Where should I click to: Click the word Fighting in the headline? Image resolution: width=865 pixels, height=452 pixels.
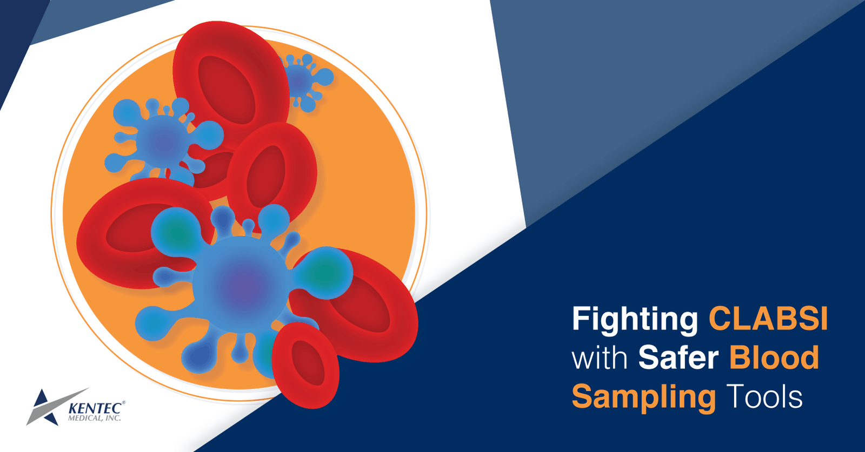pos(635,319)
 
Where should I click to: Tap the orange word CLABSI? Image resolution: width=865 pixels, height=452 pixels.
pos(768,319)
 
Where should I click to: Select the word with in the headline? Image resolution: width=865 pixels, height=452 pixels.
pos(600,359)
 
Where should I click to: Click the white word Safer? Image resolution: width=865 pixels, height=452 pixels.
pos(678,358)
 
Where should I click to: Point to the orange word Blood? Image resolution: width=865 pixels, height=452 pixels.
pos(774,358)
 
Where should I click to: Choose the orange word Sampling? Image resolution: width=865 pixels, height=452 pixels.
pos(643,397)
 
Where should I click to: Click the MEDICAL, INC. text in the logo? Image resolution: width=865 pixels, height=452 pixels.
pos(94,419)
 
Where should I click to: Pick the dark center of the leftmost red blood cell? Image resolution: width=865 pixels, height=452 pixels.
pos(130,230)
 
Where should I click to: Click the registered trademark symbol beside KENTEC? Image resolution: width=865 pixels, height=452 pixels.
pos(124,403)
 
